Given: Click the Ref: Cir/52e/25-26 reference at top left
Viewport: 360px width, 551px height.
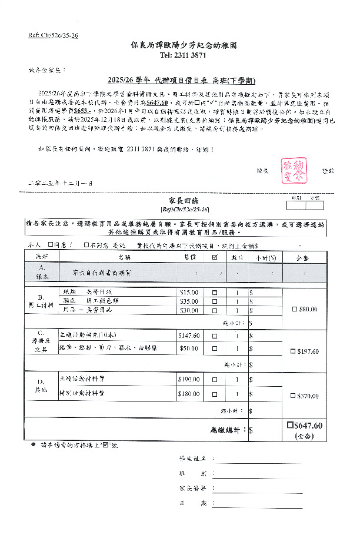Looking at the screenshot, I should [x=52, y=36].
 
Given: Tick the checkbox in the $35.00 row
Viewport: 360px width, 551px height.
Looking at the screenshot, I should [x=214, y=301].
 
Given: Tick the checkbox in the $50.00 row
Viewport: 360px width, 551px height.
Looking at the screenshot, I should [x=214, y=348].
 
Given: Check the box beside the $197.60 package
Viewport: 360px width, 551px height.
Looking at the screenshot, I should [x=294, y=351].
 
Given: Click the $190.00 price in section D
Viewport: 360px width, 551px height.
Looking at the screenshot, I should [x=189, y=380].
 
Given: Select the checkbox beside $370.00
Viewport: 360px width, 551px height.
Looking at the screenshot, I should [x=294, y=397].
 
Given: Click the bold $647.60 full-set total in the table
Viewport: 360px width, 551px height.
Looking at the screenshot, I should [x=308, y=426].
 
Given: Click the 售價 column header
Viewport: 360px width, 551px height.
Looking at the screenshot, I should [x=189, y=257].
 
